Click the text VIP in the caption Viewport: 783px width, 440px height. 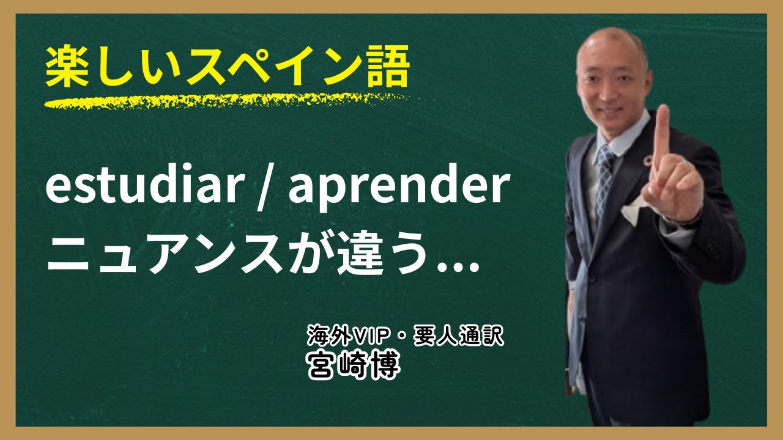pos(365,335)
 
